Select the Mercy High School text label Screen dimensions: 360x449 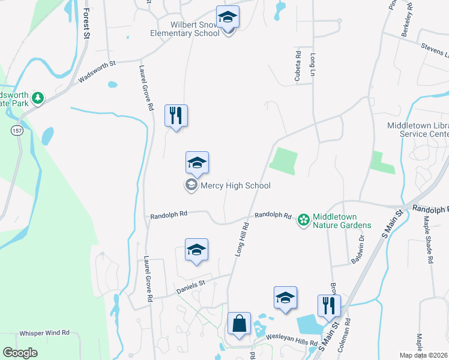(236, 185)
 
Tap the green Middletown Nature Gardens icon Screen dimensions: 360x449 (304, 220)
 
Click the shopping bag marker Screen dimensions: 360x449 (239, 324)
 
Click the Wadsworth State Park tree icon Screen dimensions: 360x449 (38, 97)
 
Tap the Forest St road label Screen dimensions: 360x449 (86, 24)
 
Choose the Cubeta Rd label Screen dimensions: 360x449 (298, 63)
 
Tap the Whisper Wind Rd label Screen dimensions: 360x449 (44, 332)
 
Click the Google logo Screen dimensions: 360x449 (20, 353)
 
